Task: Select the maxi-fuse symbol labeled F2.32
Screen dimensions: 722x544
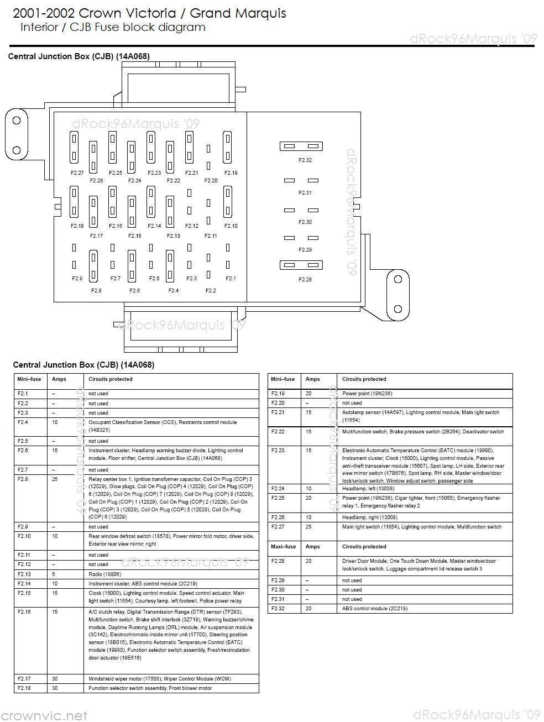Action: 301,147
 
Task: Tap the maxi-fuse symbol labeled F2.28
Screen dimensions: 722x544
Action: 301,265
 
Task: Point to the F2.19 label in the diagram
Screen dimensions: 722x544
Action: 231,173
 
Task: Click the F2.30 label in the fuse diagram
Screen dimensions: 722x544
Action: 305,222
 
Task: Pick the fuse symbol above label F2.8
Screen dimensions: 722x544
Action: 93,266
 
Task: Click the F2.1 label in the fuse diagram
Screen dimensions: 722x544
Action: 231,279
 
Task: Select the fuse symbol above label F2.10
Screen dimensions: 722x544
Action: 227,202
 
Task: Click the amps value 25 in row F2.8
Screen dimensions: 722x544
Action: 55,479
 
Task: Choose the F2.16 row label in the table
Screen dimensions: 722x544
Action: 24,612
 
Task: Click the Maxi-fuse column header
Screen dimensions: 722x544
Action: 283,547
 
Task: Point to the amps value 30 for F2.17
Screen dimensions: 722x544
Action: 55,679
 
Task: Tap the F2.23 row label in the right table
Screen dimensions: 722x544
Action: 278,451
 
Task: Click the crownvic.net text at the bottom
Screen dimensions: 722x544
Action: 44,715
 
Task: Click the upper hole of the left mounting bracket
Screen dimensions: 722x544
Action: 17,121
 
